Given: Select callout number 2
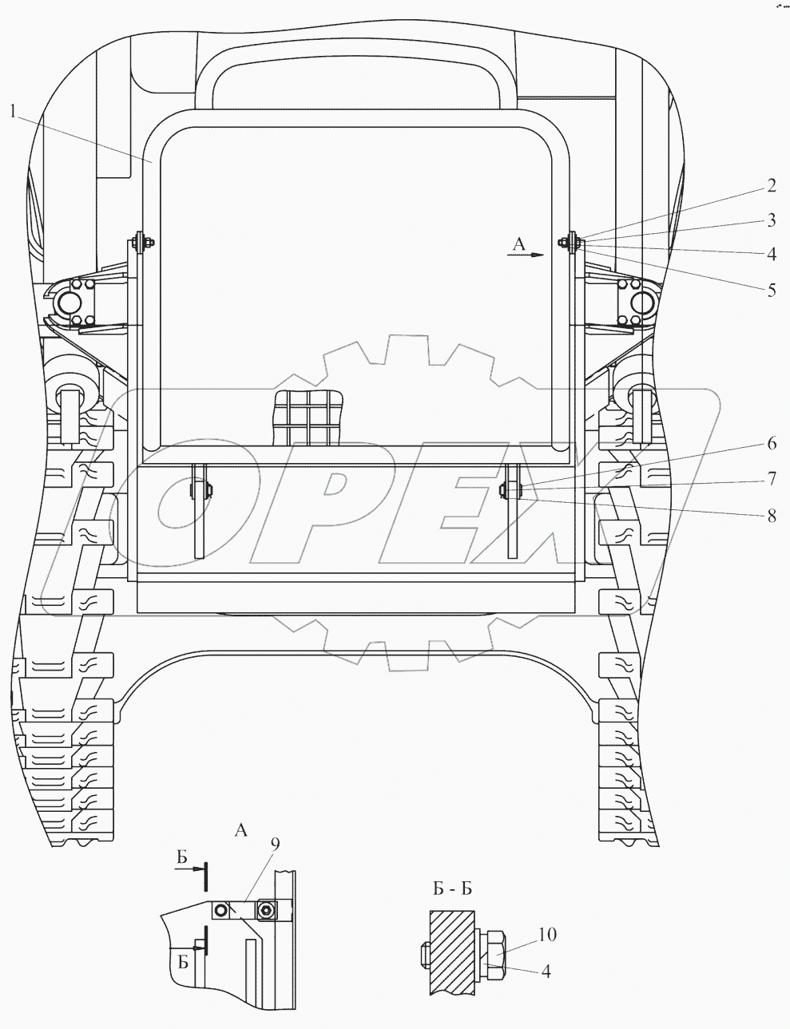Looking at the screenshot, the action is [x=771, y=186].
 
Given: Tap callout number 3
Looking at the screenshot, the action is [x=771, y=220].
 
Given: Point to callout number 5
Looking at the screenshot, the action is [x=771, y=290].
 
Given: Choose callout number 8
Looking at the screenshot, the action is [x=771, y=516].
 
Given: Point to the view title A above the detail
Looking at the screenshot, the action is [x=240, y=831].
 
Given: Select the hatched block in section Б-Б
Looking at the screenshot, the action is [x=451, y=952].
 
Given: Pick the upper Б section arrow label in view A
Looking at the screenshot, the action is [x=182, y=858].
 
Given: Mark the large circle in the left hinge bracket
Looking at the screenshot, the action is [x=67, y=303].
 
